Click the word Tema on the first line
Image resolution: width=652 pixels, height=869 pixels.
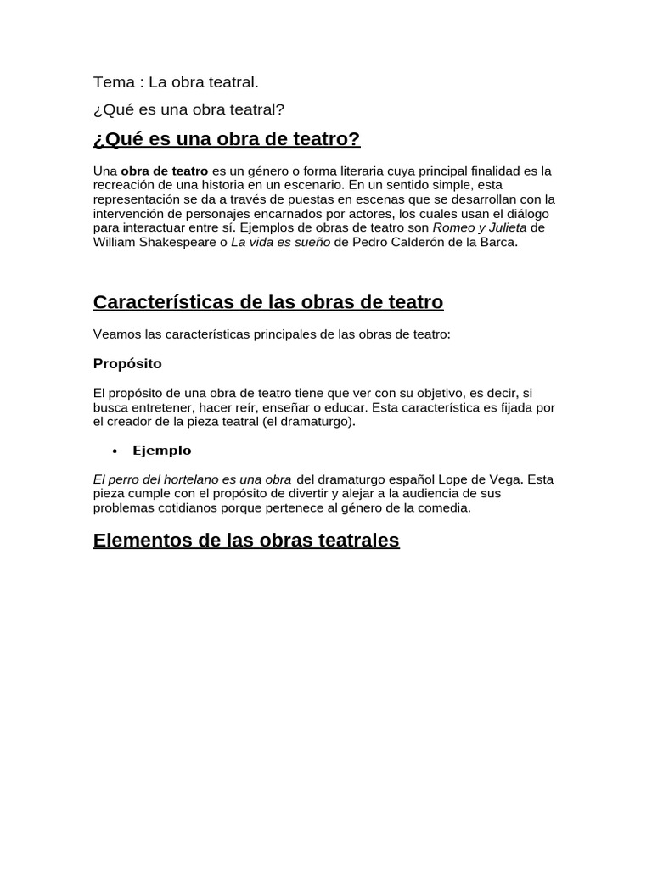point(114,82)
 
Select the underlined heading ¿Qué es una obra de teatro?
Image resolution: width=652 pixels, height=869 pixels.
point(227,139)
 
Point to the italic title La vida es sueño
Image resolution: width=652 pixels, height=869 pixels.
point(281,242)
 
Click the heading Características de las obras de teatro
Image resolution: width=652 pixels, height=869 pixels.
point(267,302)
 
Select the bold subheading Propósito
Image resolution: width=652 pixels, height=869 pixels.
point(127,363)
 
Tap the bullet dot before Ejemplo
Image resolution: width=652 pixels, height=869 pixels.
point(115,451)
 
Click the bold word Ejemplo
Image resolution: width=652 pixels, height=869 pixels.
point(162,451)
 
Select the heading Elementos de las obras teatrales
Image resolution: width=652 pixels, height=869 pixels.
point(246,541)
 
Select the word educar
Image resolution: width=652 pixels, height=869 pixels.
point(340,407)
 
